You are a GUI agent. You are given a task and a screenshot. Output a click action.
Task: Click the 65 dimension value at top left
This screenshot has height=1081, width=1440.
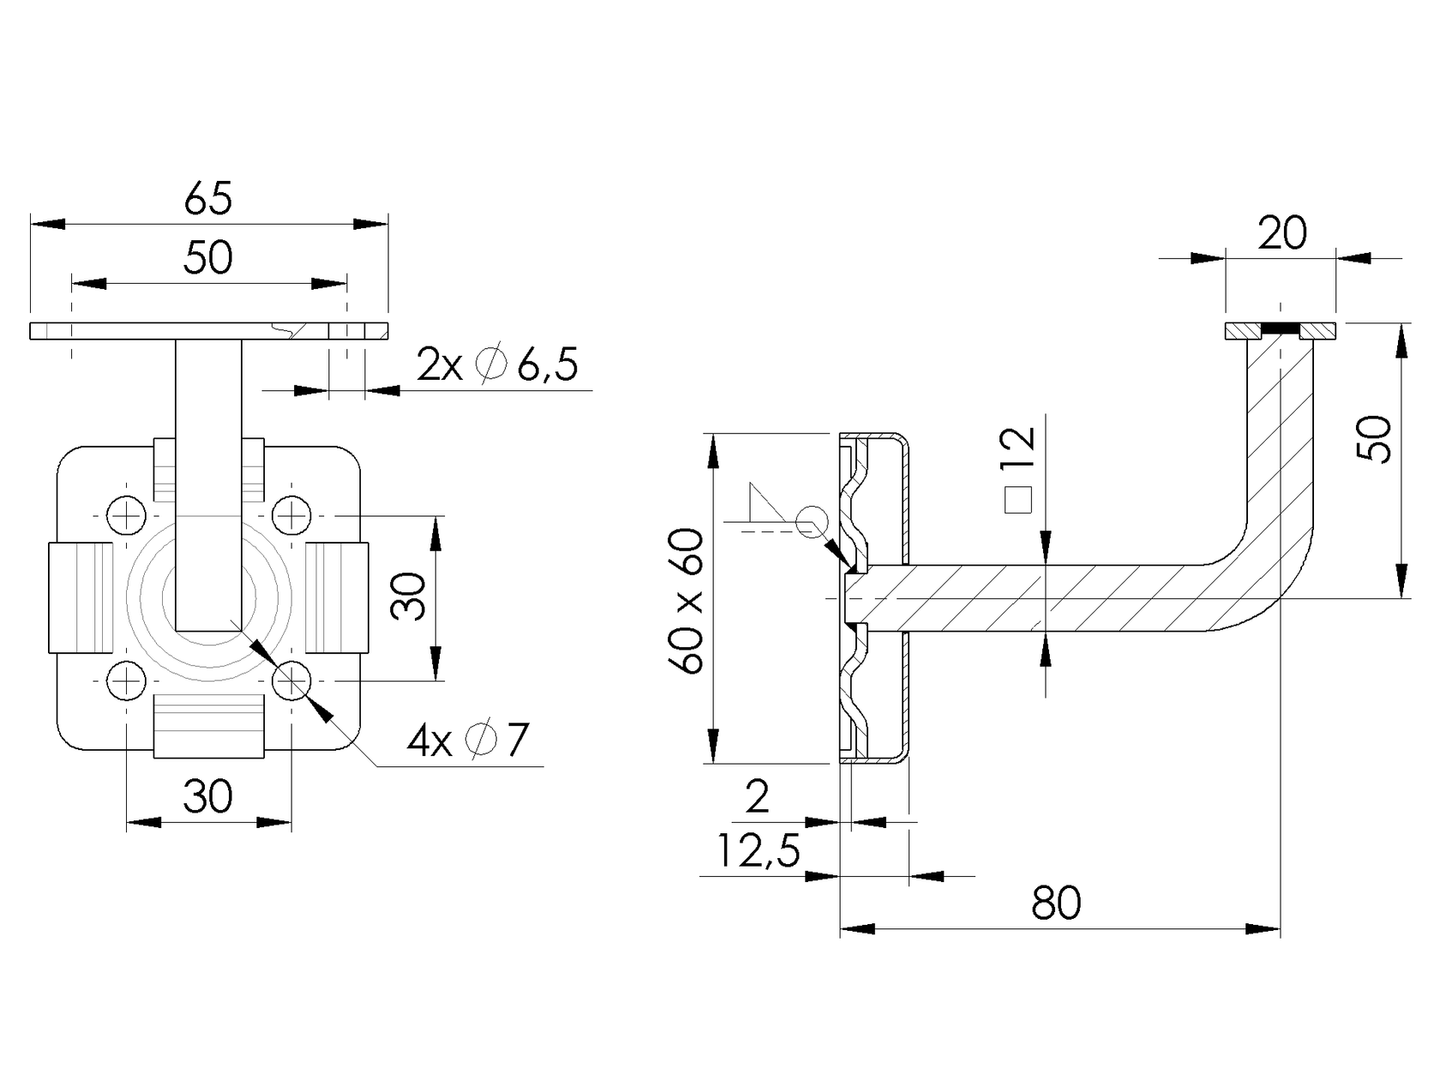208,199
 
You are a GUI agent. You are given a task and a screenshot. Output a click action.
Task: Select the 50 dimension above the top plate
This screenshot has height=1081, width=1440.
208,257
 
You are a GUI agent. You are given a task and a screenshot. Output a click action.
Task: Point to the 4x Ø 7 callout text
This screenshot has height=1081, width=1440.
468,741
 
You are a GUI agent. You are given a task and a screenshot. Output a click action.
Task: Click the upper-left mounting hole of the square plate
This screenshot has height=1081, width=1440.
127,516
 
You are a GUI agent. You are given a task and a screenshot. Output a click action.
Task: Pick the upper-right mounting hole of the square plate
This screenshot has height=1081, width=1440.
291,516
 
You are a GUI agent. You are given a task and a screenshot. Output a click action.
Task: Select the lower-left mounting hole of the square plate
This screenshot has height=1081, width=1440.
127,682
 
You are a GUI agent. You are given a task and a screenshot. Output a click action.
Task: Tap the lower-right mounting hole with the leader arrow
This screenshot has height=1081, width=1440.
291,682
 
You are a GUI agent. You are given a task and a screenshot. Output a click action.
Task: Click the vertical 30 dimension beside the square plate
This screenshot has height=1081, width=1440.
410,597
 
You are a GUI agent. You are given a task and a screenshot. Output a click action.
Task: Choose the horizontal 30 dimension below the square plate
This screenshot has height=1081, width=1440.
207,797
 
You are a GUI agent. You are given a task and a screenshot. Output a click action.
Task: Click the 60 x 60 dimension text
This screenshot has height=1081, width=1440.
688,601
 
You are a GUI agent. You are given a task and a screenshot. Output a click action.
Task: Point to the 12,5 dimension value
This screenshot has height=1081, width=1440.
758,851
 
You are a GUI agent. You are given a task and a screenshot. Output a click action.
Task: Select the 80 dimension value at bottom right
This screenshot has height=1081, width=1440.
1056,903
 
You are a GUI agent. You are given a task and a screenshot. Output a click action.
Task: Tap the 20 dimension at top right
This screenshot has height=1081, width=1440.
1281,233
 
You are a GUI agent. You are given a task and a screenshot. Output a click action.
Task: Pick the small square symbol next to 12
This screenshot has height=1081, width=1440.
1018,500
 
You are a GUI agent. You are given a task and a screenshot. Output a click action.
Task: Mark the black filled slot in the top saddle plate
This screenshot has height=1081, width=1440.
1280,329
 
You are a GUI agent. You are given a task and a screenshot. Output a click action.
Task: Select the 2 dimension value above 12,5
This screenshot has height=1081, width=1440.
758,797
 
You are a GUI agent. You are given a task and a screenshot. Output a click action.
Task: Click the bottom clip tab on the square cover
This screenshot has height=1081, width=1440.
208,727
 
